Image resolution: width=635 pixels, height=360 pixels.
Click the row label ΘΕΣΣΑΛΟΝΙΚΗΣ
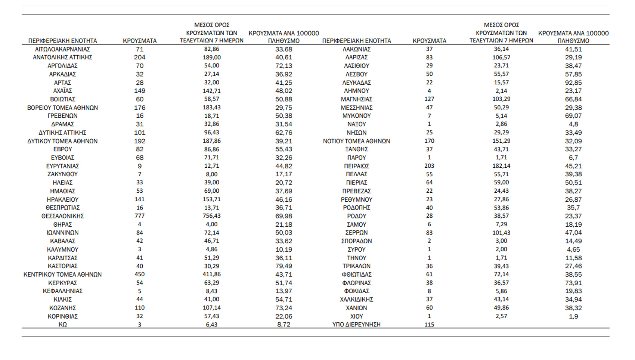click(x=62, y=216)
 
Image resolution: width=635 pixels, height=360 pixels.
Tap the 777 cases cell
click(x=140, y=216)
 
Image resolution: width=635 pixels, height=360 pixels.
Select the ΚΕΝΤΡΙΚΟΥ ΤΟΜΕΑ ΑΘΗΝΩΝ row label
click(x=62, y=274)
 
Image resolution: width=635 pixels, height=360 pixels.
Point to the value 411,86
click(x=211, y=274)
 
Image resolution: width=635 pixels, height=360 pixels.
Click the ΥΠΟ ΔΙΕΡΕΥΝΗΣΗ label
click(x=356, y=325)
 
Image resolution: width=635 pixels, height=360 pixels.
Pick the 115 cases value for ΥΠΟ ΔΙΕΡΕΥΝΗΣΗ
click(x=429, y=325)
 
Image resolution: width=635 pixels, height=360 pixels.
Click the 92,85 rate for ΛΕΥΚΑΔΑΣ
click(x=573, y=83)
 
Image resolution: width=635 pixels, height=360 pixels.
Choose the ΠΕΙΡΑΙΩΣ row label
click(x=356, y=166)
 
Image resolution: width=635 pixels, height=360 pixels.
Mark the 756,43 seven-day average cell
click(x=211, y=216)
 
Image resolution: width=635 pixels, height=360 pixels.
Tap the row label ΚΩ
click(x=62, y=325)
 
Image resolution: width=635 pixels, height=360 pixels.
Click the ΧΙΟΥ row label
click(x=356, y=316)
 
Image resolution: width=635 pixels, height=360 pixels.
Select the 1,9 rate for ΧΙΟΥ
click(x=573, y=316)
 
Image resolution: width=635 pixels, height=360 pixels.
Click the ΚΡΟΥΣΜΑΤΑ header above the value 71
click(x=140, y=41)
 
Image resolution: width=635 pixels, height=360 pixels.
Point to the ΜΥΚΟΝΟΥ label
click(x=356, y=116)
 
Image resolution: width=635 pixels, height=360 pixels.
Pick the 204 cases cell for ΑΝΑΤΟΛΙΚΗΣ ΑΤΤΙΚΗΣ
click(x=140, y=57)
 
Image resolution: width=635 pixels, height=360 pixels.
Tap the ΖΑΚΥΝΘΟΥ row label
click(x=62, y=174)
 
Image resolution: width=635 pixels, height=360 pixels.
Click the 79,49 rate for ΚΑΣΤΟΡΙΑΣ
click(x=284, y=266)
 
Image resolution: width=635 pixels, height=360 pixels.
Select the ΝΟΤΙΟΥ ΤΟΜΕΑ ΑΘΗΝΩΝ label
click(x=356, y=141)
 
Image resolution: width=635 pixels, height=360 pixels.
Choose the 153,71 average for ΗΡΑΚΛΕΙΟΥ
click(x=211, y=199)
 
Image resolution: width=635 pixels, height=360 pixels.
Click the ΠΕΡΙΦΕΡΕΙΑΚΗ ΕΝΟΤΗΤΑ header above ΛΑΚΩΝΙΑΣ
click(x=356, y=41)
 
